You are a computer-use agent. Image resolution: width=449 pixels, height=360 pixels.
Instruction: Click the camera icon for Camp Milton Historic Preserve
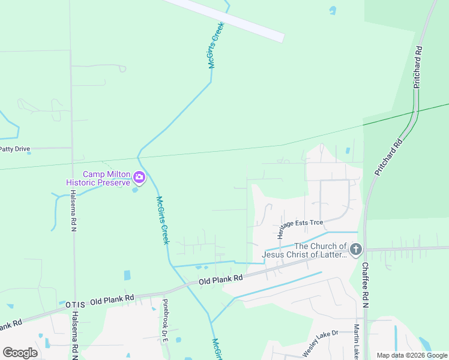pyautogui.click(x=139, y=177)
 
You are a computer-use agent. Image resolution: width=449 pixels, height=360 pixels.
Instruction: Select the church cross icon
pyautogui.click(x=356, y=249)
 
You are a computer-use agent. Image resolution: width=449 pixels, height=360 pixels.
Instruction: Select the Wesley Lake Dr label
pyautogui.click(x=321, y=343)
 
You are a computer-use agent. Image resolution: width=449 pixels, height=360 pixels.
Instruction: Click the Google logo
pyautogui.click(x=20, y=352)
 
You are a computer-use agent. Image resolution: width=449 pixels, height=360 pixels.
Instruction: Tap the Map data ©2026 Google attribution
pyautogui.click(x=412, y=355)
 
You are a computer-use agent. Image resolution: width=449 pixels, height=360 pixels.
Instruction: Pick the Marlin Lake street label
pyautogui.click(x=357, y=341)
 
